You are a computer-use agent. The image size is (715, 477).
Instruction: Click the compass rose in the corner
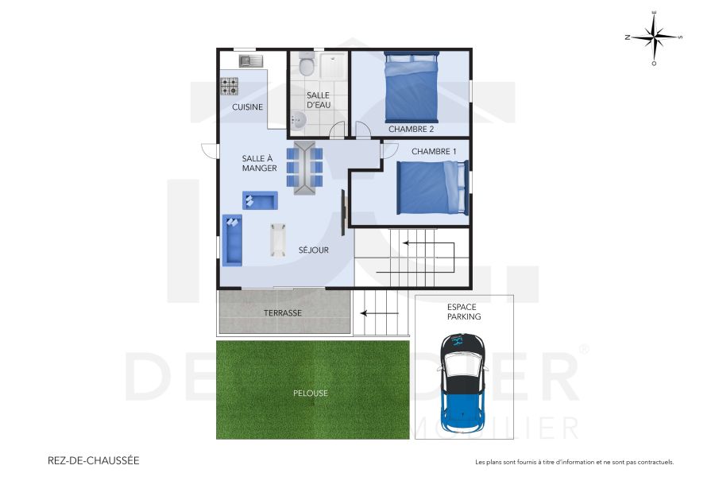[x=654, y=37]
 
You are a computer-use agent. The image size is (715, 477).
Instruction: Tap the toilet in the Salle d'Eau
[x=307, y=64]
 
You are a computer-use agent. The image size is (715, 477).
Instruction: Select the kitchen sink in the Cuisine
[x=251, y=60]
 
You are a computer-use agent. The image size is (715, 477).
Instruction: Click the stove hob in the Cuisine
[x=230, y=84]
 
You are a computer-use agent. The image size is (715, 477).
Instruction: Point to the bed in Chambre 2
[x=411, y=85]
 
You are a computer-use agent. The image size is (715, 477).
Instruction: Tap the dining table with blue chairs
[x=304, y=168]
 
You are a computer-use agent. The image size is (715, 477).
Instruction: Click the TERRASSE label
[x=282, y=313]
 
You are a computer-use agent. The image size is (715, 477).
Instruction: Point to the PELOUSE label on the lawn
[x=310, y=393]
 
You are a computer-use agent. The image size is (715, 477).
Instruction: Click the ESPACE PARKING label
[x=464, y=311]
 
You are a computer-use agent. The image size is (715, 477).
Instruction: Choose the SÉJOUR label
[x=314, y=250]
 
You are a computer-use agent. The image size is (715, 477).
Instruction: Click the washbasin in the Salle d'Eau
[x=297, y=120]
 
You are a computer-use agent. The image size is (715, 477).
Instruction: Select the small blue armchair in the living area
[x=260, y=200]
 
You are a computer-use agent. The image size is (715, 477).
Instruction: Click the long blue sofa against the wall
[x=232, y=240]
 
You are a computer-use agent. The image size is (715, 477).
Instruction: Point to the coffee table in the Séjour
[x=277, y=240]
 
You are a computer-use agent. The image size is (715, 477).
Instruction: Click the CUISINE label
[x=247, y=107]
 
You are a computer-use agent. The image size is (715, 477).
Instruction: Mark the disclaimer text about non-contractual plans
[x=574, y=462]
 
